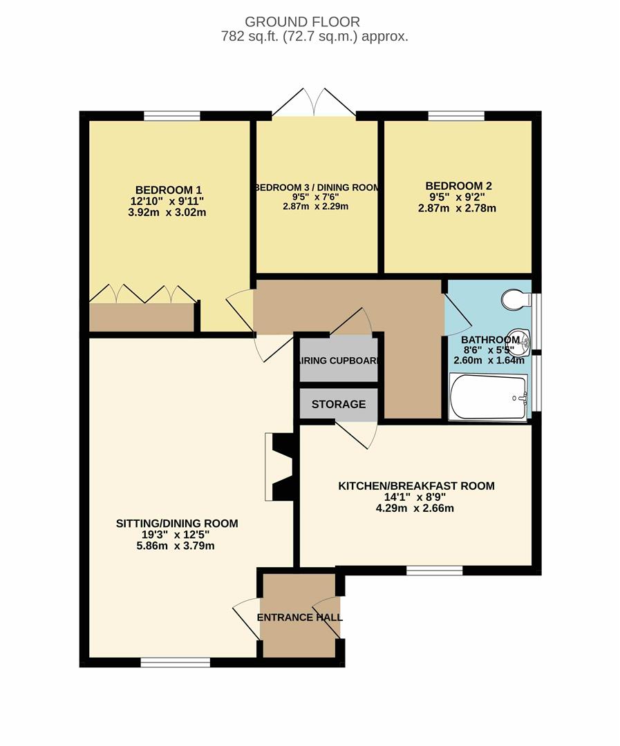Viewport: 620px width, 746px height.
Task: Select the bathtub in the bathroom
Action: tap(488, 397)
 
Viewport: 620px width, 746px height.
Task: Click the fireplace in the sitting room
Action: tap(279, 467)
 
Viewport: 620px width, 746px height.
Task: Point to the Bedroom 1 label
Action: tap(169, 191)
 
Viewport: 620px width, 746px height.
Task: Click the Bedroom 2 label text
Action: tap(458, 186)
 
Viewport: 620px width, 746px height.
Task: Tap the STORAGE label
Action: tap(339, 404)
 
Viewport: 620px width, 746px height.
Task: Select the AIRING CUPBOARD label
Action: tap(339, 361)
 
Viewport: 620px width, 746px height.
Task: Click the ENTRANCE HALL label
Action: tap(299, 618)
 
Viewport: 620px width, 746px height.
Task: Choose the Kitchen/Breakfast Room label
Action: tap(416, 486)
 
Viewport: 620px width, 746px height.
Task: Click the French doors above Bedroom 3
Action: tap(314, 102)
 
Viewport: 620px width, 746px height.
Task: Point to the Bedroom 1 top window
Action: tap(172, 115)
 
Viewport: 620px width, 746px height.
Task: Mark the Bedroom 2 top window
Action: tap(456, 115)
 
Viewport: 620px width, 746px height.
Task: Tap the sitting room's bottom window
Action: tap(176, 662)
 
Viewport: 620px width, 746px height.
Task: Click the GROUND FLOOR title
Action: tap(302, 22)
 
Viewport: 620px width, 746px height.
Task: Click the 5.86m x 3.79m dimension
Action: tap(176, 546)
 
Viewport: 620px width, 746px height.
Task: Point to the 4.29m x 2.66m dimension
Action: tap(415, 508)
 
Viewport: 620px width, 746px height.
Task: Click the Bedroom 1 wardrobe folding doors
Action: tap(142, 294)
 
